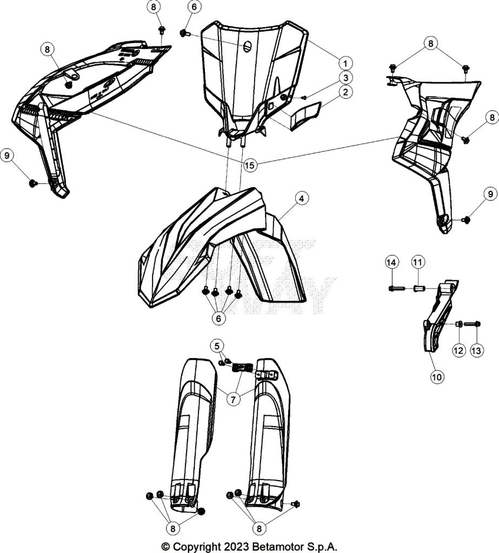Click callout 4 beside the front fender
click(302, 199)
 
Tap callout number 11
click(417, 262)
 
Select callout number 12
click(458, 350)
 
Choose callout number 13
click(476, 350)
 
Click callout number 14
click(392, 262)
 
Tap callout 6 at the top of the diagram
click(194, 7)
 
